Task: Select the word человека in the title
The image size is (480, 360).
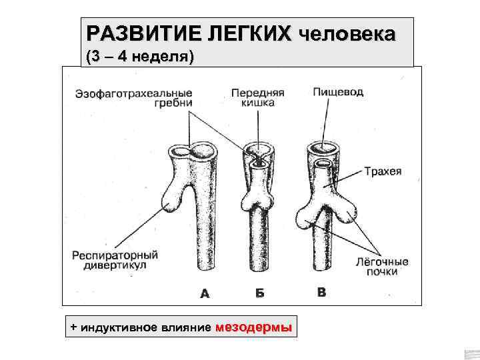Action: (347, 33)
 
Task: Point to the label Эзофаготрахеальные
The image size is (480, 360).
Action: (133, 93)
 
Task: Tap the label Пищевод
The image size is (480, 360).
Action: (339, 92)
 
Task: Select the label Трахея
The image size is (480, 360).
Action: (383, 171)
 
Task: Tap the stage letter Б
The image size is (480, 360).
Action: (259, 293)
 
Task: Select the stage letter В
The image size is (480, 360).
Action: (322, 292)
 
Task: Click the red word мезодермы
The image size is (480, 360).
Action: (255, 327)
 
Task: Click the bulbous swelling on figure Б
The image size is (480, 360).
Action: (258, 197)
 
